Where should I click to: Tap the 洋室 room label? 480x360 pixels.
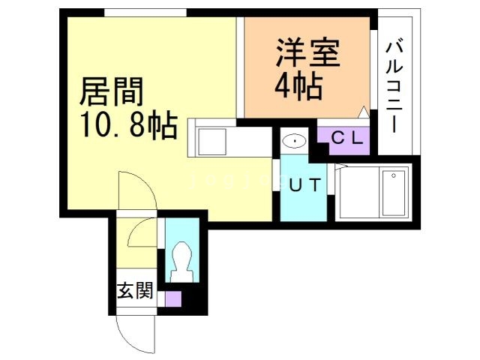coord(307,55)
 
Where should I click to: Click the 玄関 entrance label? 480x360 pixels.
coord(135,291)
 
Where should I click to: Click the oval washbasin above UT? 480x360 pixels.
coord(295,140)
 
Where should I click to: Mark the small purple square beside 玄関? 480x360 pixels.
coord(173,298)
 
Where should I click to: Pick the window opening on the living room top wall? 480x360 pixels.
coord(145,13)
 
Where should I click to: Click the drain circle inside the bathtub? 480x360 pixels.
coord(393,178)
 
